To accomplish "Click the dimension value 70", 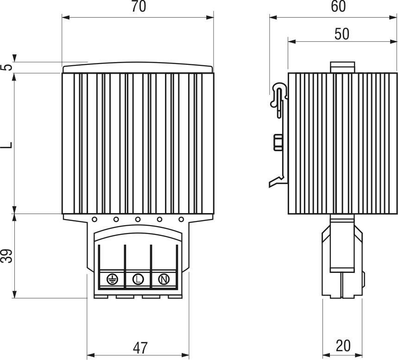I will point(139,7).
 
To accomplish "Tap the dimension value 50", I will point(342,34).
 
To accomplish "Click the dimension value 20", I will point(343,346).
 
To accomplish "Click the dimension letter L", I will point(6,144).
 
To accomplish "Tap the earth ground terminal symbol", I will point(112,279).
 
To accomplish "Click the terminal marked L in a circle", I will point(138,279).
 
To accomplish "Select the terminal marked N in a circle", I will point(164,279).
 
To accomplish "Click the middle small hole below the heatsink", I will point(138,220).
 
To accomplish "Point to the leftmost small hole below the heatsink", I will point(94,220).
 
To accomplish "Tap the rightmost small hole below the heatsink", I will point(181,220).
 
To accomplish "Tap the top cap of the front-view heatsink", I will point(138,69).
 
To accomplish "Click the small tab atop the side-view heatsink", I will point(342,67).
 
